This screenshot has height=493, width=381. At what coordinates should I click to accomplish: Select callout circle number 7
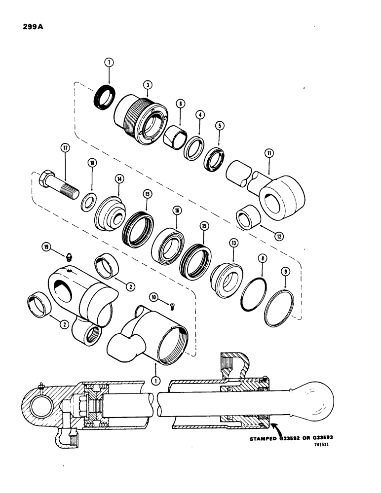(109, 62)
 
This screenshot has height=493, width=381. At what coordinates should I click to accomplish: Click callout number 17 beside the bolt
(64, 147)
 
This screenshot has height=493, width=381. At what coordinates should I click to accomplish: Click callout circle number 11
(268, 154)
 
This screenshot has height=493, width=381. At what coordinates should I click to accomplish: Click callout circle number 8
(262, 271)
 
